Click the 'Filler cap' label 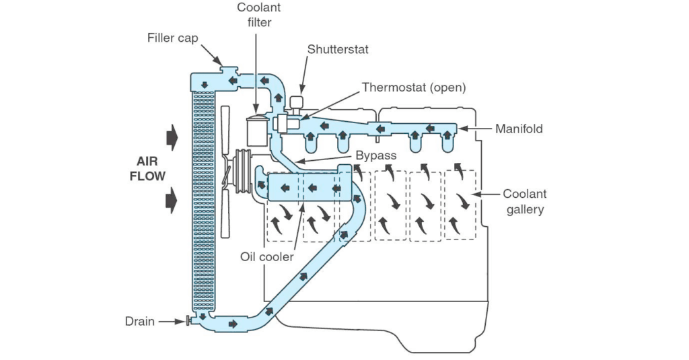173,38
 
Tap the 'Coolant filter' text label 259,15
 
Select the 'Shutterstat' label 338,49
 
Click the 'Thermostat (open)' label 414,87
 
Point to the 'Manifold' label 519,129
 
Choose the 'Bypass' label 375,155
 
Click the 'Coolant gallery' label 525,202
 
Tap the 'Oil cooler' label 266,256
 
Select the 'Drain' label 140,322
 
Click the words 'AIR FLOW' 147,169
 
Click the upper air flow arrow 172,137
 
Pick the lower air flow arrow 172,201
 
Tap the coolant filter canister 257,131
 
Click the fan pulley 242,171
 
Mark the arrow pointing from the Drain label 172,322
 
